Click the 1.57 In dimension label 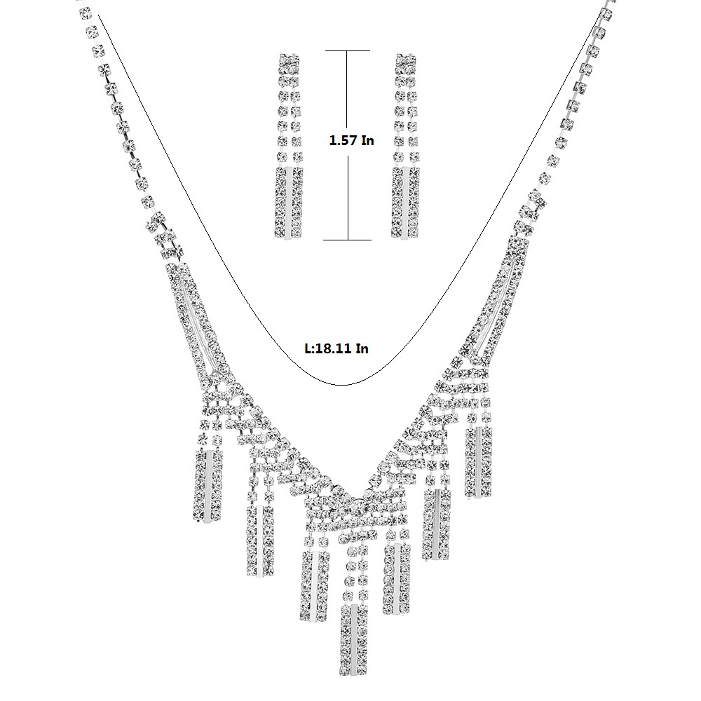(x=351, y=140)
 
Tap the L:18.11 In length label (x=336, y=348)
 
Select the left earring (x=289, y=147)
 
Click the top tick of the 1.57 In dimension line (x=348, y=51)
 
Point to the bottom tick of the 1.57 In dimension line (x=348, y=240)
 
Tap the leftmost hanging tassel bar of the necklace (x=208, y=486)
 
